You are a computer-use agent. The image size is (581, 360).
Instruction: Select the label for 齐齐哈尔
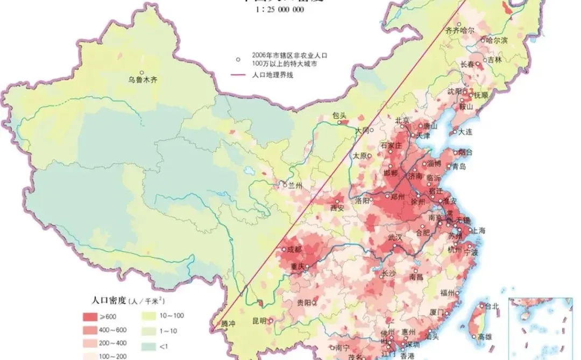[x=459, y=31]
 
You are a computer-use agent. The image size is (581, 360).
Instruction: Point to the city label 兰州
[x=295, y=185]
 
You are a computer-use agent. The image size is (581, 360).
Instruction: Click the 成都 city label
[x=294, y=249]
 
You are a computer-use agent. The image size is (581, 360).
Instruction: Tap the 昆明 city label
[x=259, y=321]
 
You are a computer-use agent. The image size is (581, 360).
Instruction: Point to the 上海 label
[x=478, y=231]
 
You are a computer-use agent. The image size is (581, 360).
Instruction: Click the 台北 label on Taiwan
[x=492, y=307]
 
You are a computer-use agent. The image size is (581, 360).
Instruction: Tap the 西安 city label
[x=337, y=207]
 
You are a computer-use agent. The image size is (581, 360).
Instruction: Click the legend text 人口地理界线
[x=272, y=75]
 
